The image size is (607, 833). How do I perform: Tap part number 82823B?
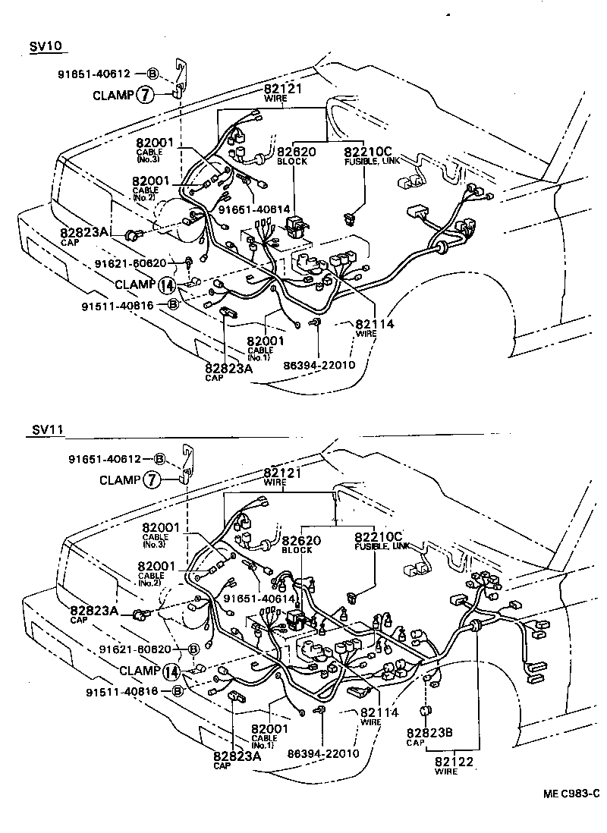pyautogui.click(x=429, y=733)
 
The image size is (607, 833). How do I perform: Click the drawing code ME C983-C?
pyautogui.click(x=571, y=794)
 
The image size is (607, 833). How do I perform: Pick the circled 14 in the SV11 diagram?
pyautogui.click(x=171, y=671)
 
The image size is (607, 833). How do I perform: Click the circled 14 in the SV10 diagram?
pyautogui.click(x=167, y=285)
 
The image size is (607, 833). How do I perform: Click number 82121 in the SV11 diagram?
pyautogui.click(x=282, y=473)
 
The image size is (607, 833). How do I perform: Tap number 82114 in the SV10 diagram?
pyautogui.click(x=375, y=323)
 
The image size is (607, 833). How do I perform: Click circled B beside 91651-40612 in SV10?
pyautogui.click(x=153, y=74)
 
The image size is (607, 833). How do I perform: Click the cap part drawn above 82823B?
pyautogui.click(x=426, y=710)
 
